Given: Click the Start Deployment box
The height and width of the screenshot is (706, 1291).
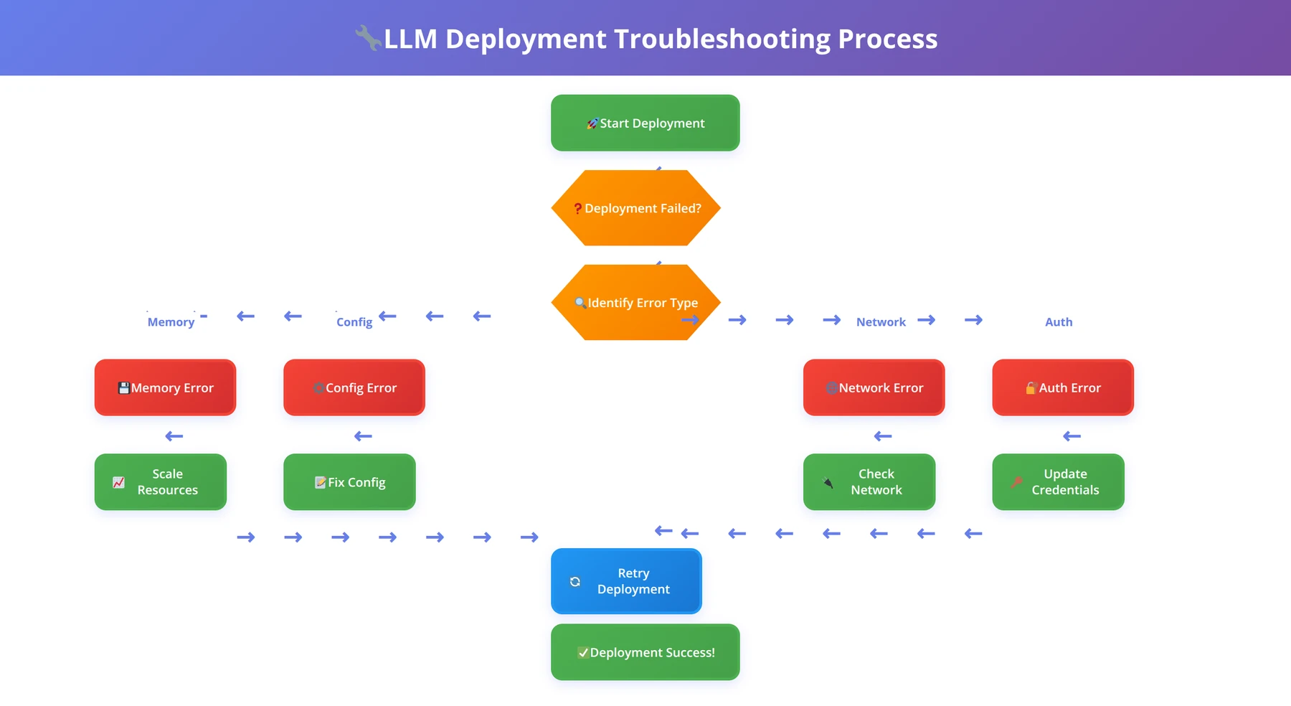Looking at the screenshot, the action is [x=645, y=123].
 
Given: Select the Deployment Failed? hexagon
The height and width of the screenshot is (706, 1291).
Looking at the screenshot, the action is [x=636, y=208].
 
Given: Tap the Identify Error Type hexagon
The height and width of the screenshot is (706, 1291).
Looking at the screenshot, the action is [x=636, y=302].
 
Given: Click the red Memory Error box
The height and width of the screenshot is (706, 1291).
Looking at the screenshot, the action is [x=165, y=387].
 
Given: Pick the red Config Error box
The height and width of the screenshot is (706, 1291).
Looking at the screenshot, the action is [x=354, y=387].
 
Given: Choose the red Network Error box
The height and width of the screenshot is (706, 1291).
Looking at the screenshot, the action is [x=874, y=387].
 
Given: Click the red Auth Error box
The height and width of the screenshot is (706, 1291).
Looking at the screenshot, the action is [x=1063, y=387].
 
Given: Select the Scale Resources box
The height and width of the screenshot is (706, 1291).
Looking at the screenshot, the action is [x=161, y=482].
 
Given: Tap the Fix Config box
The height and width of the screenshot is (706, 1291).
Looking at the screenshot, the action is [x=349, y=482].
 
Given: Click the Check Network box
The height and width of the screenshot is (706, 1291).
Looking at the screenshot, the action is [x=869, y=482].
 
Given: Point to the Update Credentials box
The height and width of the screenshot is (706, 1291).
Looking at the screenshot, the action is [x=1058, y=482].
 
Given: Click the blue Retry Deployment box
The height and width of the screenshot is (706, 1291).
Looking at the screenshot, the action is [x=626, y=581].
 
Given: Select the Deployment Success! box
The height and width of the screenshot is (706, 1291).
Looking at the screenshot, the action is [x=645, y=652].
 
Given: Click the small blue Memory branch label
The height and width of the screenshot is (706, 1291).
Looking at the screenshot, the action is [x=171, y=322].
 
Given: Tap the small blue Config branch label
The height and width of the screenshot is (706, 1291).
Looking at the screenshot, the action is [x=354, y=322].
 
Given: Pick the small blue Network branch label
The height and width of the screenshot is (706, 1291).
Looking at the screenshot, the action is [x=881, y=322].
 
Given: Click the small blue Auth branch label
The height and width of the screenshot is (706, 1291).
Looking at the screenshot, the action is [x=1059, y=322].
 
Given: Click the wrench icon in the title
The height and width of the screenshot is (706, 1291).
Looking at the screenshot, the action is [x=369, y=38].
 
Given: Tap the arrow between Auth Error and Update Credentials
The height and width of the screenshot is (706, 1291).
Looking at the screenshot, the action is [x=1072, y=436].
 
